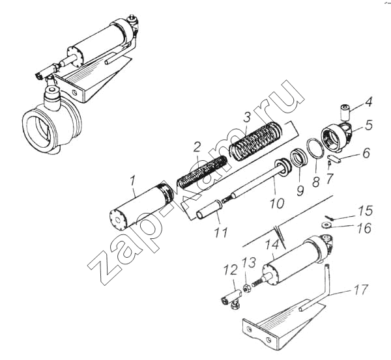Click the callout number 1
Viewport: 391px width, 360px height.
[x=132, y=183]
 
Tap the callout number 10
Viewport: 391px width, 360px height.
[x=277, y=203]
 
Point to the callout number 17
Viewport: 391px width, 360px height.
[x=360, y=290]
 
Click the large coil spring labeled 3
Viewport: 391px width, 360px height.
[x=256, y=141]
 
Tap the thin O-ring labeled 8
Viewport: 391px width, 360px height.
[x=315, y=148]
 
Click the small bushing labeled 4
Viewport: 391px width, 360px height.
[x=344, y=112]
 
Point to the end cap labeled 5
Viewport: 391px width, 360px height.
[x=337, y=137]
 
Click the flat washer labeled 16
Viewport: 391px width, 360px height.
[x=326, y=225]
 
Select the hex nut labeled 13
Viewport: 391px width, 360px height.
[x=247, y=289]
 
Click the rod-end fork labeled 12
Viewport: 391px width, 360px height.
[x=231, y=299]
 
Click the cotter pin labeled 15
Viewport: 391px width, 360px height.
[x=329, y=217]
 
